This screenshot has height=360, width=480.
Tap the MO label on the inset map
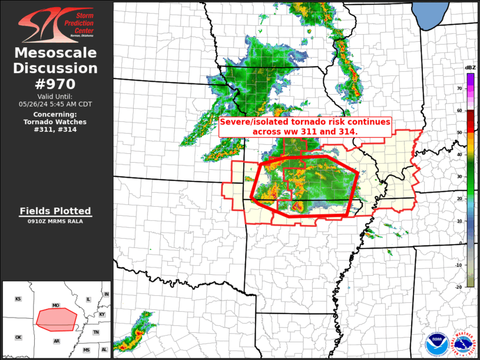(x=56, y=306)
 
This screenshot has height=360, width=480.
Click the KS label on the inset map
(x=18, y=299)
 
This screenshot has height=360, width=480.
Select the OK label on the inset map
(x=18, y=338)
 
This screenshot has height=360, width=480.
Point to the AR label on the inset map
(x=57, y=341)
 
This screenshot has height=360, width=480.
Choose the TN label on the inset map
(x=96, y=332)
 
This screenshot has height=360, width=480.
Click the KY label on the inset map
(x=102, y=314)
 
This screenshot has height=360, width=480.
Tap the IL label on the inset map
(x=88, y=299)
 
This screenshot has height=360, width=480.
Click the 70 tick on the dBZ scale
(x=459, y=87)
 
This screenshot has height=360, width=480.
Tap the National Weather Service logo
(x=462, y=344)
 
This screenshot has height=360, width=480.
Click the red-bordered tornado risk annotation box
(x=305, y=127)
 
